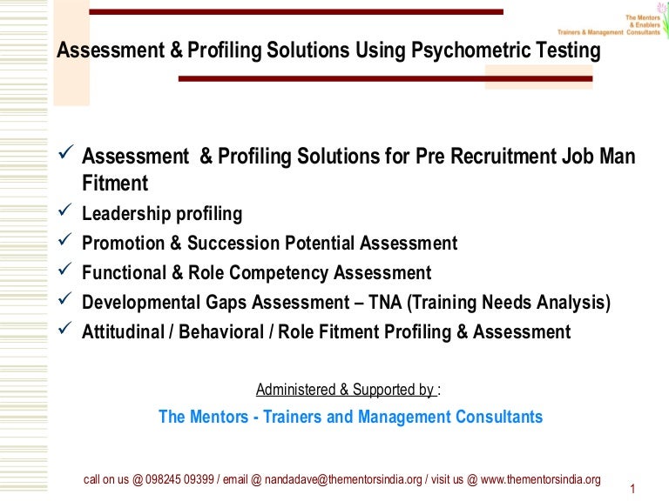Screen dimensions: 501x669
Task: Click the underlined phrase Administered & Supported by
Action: coord(345,390)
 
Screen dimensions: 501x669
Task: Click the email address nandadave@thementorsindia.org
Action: coord(348,479)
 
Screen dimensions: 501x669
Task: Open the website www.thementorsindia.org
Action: coord(541,479)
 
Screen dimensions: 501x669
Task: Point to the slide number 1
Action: coord(630,489)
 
